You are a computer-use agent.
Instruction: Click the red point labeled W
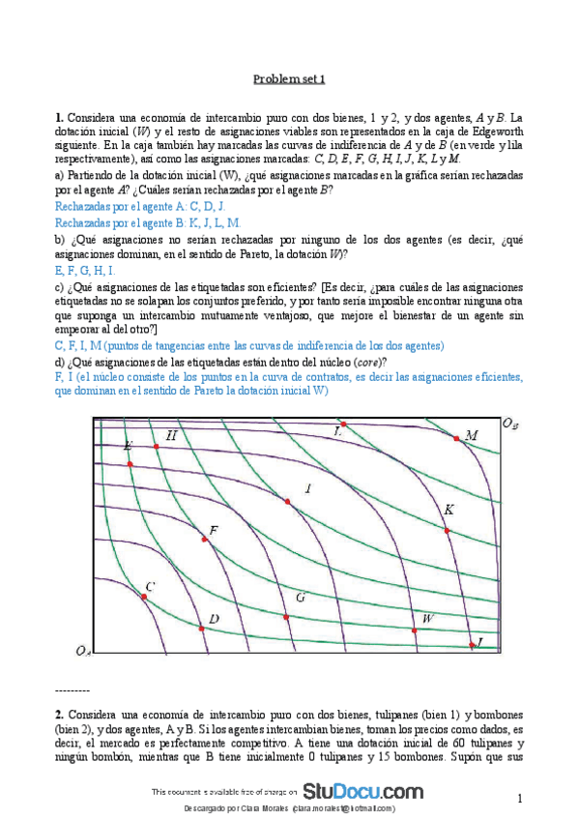pyautogui.click(x=415, y=630)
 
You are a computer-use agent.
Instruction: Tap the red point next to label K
pyautogui.click(x=447, y=530)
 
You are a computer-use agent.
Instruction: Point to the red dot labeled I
pyautogui.click(x=287, y=500)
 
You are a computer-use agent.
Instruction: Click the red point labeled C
pyautogui.click(x=142, y=597)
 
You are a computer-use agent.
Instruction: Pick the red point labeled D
pyautogui.click(x=200, y=629)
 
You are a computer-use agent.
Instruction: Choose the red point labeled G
pyautogui.click(x=285, y=616)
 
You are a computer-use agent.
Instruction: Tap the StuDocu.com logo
pyautogui.click(x=363, y=791)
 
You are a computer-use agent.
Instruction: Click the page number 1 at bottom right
pyautogui.click(x=519, y=799)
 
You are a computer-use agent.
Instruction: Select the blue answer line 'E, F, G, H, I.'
pyautogui.click(x=86, y=269)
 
